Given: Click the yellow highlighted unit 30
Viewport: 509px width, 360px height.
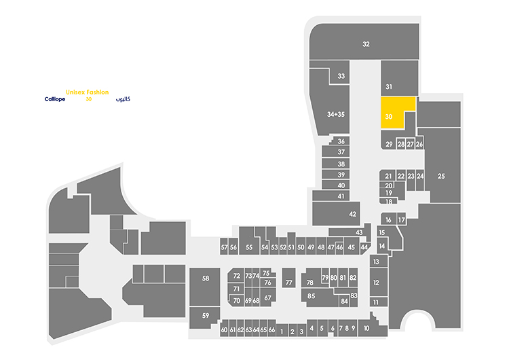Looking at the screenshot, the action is (x=392, y=112).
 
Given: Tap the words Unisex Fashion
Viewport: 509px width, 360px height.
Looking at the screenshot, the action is (x=88, y=92).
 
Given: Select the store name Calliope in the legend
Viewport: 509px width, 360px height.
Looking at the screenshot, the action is (x=55, y=99).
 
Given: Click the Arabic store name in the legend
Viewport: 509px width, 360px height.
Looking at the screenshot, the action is (x=123, y=99).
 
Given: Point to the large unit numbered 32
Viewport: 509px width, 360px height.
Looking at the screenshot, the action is (x=364, y=41).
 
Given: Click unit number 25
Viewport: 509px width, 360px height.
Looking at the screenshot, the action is (x=442, y=166).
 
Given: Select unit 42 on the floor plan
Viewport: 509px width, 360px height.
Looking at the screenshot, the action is (x=337, y=213).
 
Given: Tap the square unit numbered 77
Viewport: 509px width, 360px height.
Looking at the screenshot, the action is (x=288, y=278).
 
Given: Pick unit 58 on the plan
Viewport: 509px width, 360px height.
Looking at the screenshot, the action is (x=205, y=287).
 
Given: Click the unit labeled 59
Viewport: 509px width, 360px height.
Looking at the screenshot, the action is (x=204, y=317).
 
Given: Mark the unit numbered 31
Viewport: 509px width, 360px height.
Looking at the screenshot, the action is (x=399, y=78).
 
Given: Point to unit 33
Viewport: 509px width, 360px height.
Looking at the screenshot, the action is (x=339, y=76).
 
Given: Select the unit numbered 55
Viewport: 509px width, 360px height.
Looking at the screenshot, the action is (x=249, y=241).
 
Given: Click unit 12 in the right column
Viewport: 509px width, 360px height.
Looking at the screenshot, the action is (x=379, y=282).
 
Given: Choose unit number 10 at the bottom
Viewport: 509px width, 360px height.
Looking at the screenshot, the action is (x=373, y=327).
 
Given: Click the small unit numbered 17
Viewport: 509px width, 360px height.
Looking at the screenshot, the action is (x=402, y=219).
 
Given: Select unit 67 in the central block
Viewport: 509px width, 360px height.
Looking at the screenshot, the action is (x=268, y=297).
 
